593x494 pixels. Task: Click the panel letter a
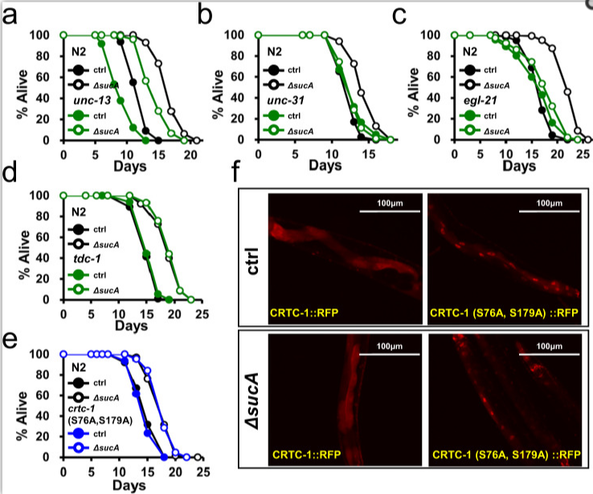[x=12, y=16]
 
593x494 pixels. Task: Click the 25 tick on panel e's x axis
[x=202, y=471]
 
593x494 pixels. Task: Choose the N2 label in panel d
[x=77, y=213]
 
